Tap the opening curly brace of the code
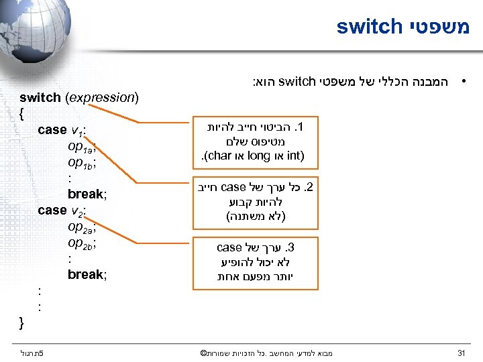[22, 113]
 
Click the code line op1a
[85, 146]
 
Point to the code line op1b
[85, 162]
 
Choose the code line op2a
[85, 227]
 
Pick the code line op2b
[85, 243]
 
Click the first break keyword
[85, 194]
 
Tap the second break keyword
[85, 275]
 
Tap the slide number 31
[461, 353]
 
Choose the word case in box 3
[229, 248]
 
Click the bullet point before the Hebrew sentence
[462, 83]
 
